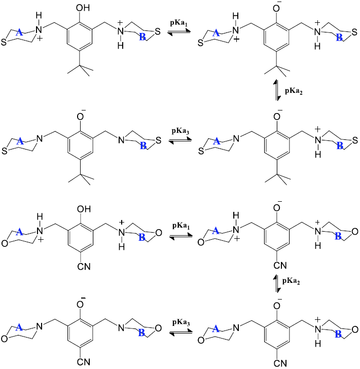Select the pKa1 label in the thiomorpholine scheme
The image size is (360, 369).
pos(180,23)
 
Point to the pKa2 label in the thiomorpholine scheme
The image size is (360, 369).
pos(293,91)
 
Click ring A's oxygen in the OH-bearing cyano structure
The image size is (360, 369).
pos(4,235)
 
